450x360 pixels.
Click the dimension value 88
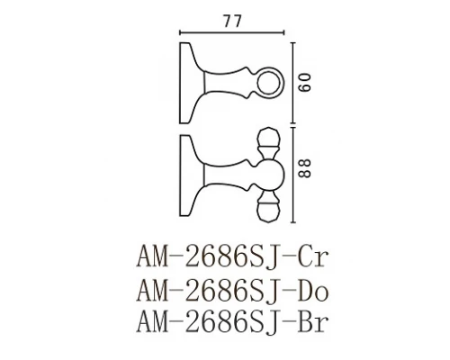tap(308, 167)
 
